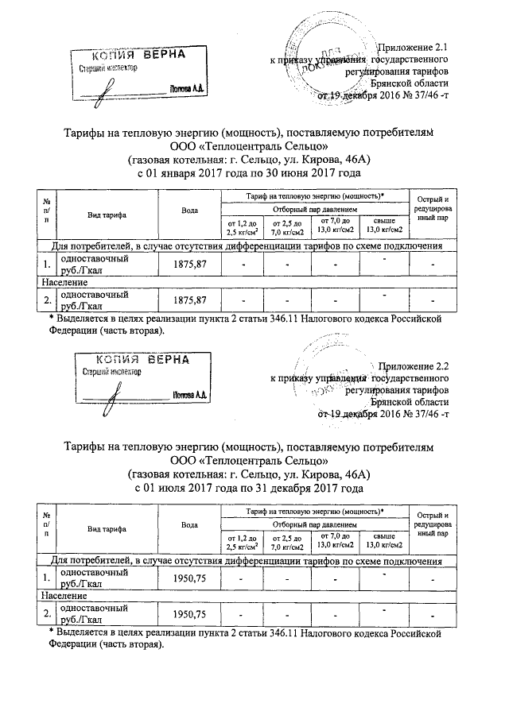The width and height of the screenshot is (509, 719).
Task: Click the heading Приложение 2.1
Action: click(x=414, y=48)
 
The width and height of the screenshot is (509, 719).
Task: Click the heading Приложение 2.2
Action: click(x=414, y=367)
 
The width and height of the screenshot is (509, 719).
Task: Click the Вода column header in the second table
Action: click(x=189, y=525)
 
